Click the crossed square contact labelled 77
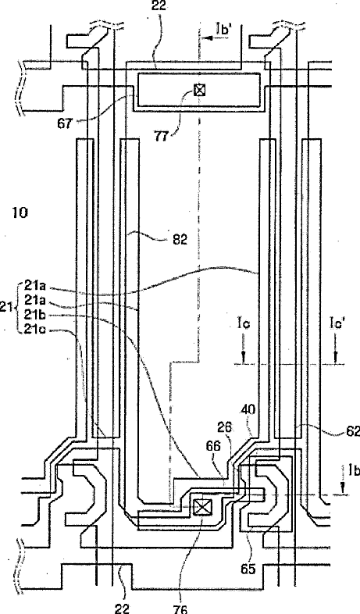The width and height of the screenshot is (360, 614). click(x=199, y=91)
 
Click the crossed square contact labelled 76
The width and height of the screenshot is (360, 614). click(x=202, y=508)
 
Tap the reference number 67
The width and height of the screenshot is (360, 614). click(x=65, y=123)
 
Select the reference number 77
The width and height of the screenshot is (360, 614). click(x=161, y=137)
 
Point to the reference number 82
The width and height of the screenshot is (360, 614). click(x=180, y=240)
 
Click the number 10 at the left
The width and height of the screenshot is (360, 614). click(x=20, y=212)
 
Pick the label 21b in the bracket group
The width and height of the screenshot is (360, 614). click(x=35, y=315)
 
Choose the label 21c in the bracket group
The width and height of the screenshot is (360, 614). click(x=35, y=329)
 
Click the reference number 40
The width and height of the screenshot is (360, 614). click(x=248, y=410)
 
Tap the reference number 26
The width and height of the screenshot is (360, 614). click(x=224, y=427)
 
